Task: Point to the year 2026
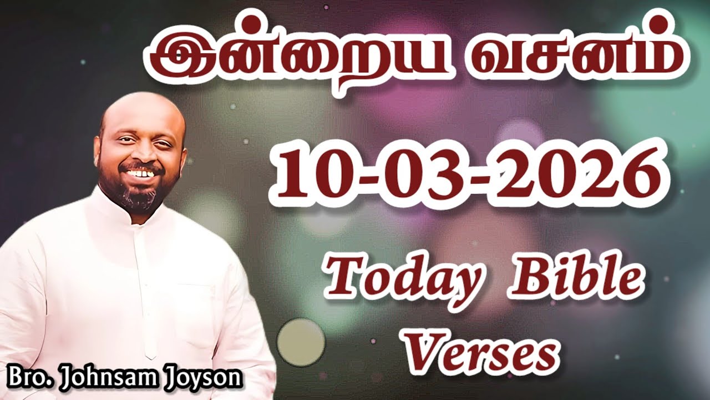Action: pyautogui.click(x=577, y=173)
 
